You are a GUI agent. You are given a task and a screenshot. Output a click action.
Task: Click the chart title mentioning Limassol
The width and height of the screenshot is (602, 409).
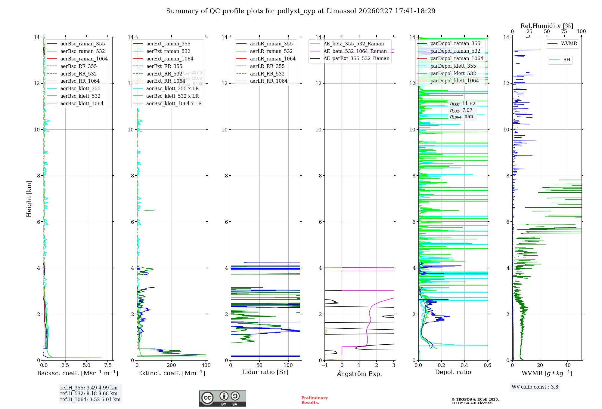pyautogui.click(x=301, y=11)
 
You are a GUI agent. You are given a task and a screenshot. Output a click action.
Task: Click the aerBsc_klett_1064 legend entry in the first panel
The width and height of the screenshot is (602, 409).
pyautogui.click(x=82, y=103)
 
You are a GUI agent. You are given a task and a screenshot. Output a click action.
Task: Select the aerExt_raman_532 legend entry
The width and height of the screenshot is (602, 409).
pyautogui.click(x=168, y=51)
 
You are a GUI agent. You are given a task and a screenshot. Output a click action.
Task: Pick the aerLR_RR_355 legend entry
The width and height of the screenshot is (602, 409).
pyautogui.click(x=267, y=66)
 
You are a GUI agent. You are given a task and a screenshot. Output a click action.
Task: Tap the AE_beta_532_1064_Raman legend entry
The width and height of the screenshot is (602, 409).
pyautogui.click(x=355, y=51)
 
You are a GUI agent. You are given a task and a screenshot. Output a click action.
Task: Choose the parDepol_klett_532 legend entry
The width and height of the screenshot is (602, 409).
pyautogui.click(x=453, y=73)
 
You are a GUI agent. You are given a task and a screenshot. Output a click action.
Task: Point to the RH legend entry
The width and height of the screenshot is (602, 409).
pyautogui.click(x=566, y=60)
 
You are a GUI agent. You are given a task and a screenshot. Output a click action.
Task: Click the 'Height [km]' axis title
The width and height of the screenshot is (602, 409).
pyautogui.click(x=29, y=198)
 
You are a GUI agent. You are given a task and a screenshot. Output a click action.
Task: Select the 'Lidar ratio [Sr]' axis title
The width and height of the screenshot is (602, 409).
pyautogui.click(x=265, y=372)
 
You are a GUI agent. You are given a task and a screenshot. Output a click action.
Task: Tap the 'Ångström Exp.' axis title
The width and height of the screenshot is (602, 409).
pyautogui.click(x=359, y=374)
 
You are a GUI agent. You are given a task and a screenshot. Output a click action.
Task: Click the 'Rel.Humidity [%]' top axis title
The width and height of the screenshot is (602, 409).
pyautogui.click(x=547, y=26)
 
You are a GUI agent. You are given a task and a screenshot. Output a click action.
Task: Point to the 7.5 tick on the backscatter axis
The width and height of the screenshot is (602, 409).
pyautogui.click(x=108, y=365)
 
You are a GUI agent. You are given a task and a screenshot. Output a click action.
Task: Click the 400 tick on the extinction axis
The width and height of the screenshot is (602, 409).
pyautogui.click(x=206, y=365)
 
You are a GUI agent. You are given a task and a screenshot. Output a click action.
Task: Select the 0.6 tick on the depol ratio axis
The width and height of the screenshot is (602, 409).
pyautogui.click(x=487, y=365)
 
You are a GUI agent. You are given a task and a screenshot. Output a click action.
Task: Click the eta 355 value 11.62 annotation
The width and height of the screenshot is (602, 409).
pyautogui.click(x=463, y=104)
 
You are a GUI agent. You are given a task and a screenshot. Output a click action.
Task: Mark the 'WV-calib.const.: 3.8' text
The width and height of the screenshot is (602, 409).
pyautogui.click(x=535, y=387)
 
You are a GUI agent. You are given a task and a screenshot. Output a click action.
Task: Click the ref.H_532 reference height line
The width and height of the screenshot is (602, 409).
pyautogui.click(x=89, y=393)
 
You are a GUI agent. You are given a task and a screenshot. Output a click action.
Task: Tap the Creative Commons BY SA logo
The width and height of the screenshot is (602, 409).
pyautogui.click(x=222, y=398)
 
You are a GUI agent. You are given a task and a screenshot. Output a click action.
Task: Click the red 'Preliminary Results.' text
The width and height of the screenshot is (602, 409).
pyautogui.click(x=314, y=400)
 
